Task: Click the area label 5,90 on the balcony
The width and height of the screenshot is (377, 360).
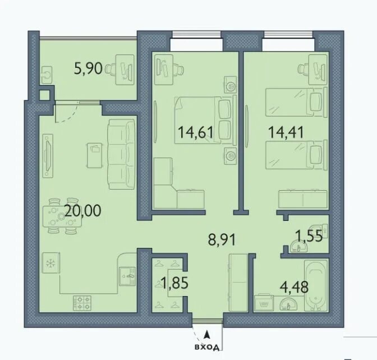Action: point(88,68)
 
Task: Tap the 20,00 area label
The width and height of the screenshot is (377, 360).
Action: point(83,211)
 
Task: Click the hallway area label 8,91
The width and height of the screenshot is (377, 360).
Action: point(222,239)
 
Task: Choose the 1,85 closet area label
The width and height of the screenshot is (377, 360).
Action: point(175,283)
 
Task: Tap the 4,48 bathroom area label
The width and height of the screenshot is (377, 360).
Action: point(295,287)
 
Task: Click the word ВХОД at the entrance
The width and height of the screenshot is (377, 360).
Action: point(207,347)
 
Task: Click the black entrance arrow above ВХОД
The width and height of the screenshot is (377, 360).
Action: point(206,334)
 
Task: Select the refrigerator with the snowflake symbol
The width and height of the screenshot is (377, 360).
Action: point(51,262)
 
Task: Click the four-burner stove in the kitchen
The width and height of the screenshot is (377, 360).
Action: point(82,302)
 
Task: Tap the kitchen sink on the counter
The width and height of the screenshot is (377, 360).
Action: point(127,276)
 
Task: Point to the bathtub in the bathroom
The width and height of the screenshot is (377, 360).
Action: point(315,285)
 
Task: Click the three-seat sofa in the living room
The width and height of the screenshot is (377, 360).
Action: point(121,154)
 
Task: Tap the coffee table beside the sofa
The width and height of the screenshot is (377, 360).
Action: point(95,155)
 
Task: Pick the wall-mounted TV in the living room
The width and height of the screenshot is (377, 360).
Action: point(48,156)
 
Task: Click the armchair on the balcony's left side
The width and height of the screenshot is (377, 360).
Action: point(47,75)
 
